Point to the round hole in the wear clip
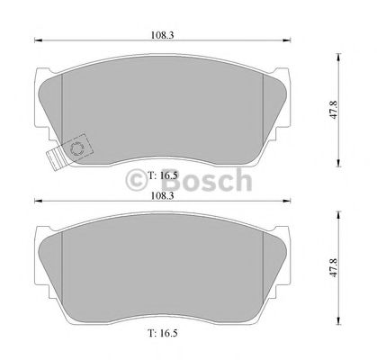point(76,149)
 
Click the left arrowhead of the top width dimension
point(36,40)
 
